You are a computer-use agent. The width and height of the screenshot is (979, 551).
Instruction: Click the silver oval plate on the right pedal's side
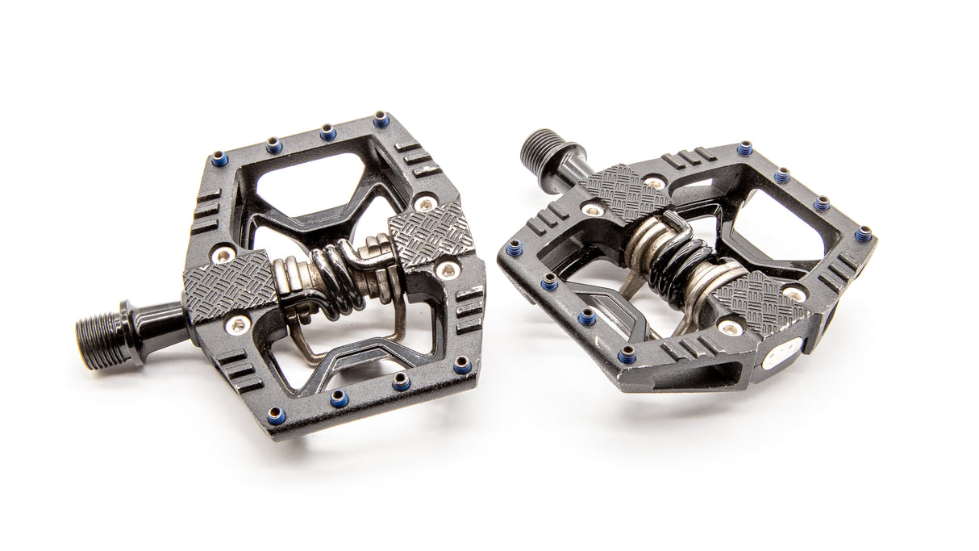pyautogui.click(x=777, y=357)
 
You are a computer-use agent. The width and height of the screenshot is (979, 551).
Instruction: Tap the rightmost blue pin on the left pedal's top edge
pyautogui.click(x=381, y=120)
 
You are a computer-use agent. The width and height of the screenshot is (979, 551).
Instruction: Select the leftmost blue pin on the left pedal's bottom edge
pyautogui.click(x=276, y=416)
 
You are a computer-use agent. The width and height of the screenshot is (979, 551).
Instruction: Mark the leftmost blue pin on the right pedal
pyautogui.click(x=514, y=249)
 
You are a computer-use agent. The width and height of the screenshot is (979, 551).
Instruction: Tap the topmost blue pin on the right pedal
pyautogui.click(x=744, y=148)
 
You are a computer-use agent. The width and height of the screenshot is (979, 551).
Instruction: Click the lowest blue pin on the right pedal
pyautogui.click(x=627, y=355)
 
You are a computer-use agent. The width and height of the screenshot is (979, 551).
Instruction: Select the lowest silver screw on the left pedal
pyautogui.click(x=237, y=325)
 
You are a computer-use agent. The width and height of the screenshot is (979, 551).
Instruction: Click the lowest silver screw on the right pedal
pyautogui.click(x=731, y=328)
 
